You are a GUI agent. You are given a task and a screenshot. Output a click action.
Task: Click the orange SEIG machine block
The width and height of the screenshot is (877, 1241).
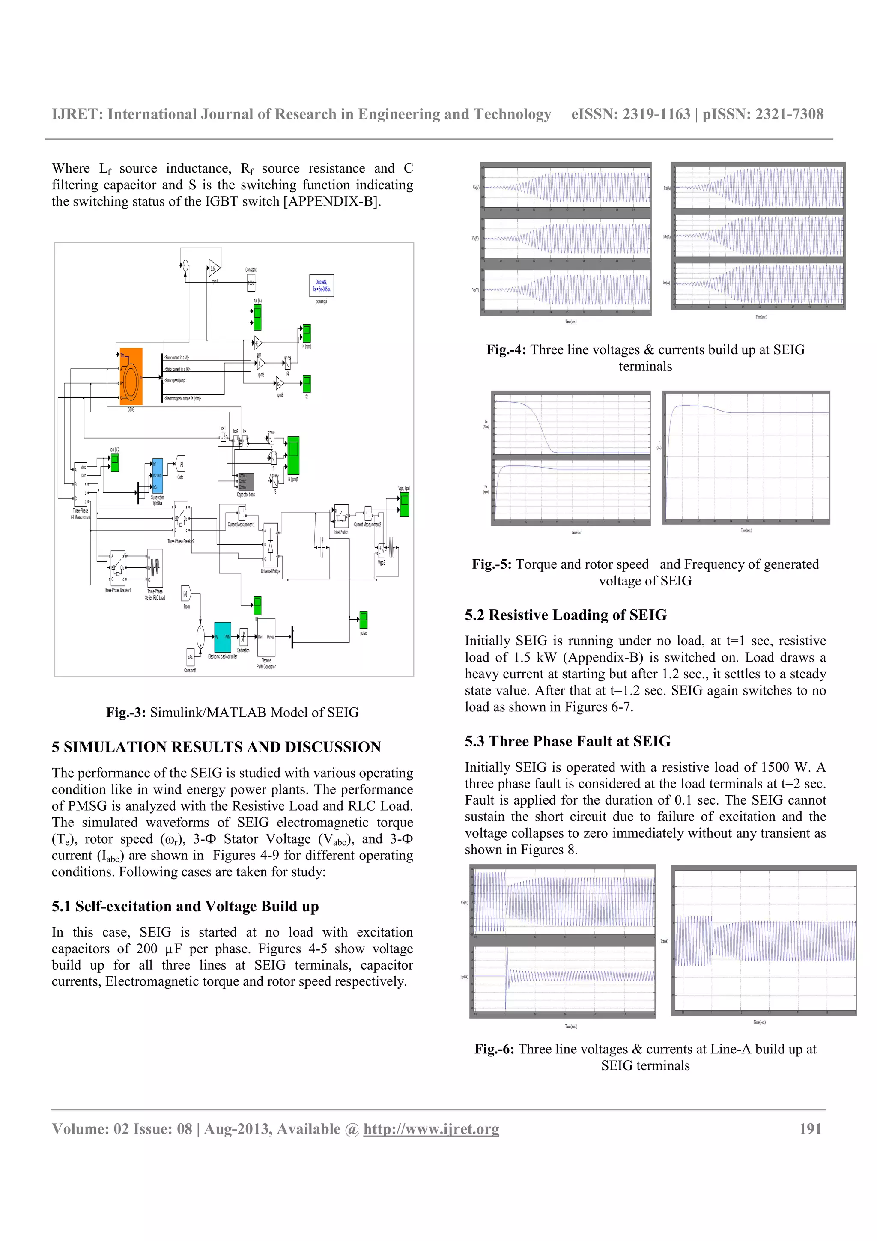(x=131, y=376)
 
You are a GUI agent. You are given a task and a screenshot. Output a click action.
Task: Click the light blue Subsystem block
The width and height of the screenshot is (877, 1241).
(x=157, y=476)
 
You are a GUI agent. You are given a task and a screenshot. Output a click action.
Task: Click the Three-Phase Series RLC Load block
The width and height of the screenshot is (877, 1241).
(x=155, y=568)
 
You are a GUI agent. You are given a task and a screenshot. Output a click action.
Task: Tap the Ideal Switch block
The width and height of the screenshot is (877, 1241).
(x=341, y=517)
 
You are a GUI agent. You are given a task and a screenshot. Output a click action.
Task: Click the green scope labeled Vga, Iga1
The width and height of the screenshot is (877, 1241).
(x=404, y=504)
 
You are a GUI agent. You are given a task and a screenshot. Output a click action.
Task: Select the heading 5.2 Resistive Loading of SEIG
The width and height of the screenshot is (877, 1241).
(x=565, y=615)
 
